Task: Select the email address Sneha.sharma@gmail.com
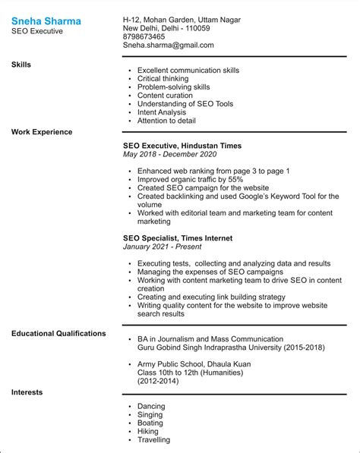point(168,46)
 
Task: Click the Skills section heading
point(21,65)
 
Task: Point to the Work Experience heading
point(42,132)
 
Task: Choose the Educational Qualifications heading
point(58,333)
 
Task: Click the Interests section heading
point(27,392)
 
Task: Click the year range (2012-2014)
point(159,381)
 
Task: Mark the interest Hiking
point(148,432)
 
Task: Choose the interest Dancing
point(152,407)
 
